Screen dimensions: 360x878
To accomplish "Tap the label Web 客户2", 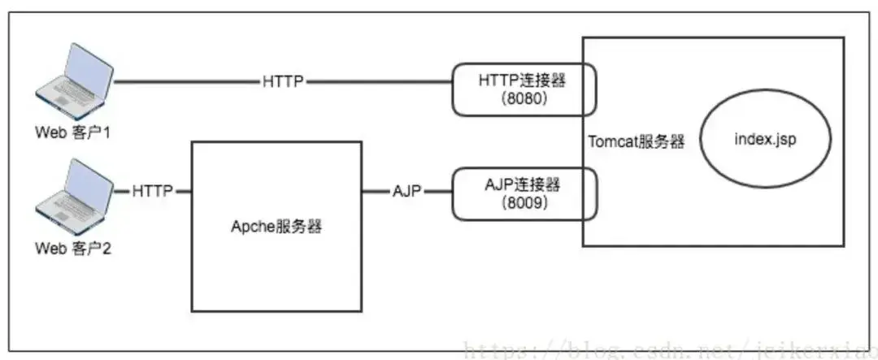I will click(72, 248).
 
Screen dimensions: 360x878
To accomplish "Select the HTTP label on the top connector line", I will click(284, 82).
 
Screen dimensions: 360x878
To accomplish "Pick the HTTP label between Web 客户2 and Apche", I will click(153, 192).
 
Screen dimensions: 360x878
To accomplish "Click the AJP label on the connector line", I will click(406, 192).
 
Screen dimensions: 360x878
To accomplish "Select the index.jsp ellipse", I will click(765, 140).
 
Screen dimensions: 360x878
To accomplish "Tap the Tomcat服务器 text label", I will click(635, 141).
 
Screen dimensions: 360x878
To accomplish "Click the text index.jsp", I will click(765, 140).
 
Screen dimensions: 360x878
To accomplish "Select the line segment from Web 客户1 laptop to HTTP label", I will click(187, 82).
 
